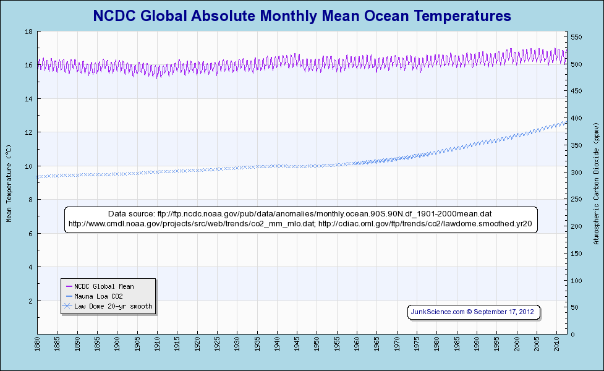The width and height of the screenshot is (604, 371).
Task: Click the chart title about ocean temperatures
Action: click(x=302, y=15)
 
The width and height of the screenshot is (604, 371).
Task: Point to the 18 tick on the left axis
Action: click(x=29, y=32)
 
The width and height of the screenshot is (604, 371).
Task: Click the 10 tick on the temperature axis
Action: click(x=29, y=166)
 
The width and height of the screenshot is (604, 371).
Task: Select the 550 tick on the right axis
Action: click(x=576, y=37)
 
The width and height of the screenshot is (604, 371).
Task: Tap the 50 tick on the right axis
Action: click(x=574, y=307)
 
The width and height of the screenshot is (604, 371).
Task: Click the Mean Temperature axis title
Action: click(x=9, y=183)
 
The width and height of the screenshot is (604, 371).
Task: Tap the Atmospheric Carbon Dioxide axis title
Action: click(x=597, y=182)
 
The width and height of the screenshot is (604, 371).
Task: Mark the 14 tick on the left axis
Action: click(x=29, y=99)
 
